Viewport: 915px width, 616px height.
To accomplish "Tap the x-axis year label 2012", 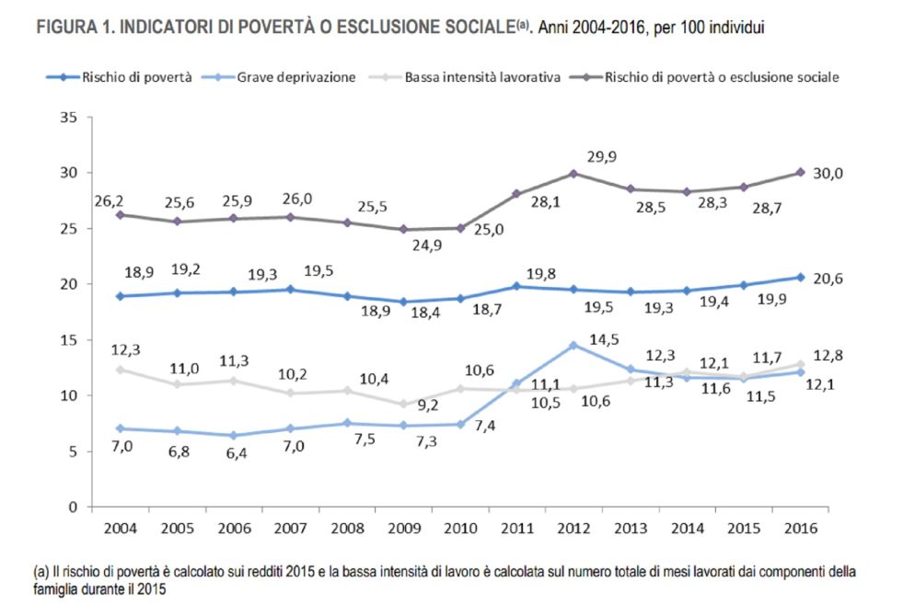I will (x=573, y=530).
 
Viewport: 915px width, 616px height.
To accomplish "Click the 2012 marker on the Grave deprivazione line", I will (x=573, y=345).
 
